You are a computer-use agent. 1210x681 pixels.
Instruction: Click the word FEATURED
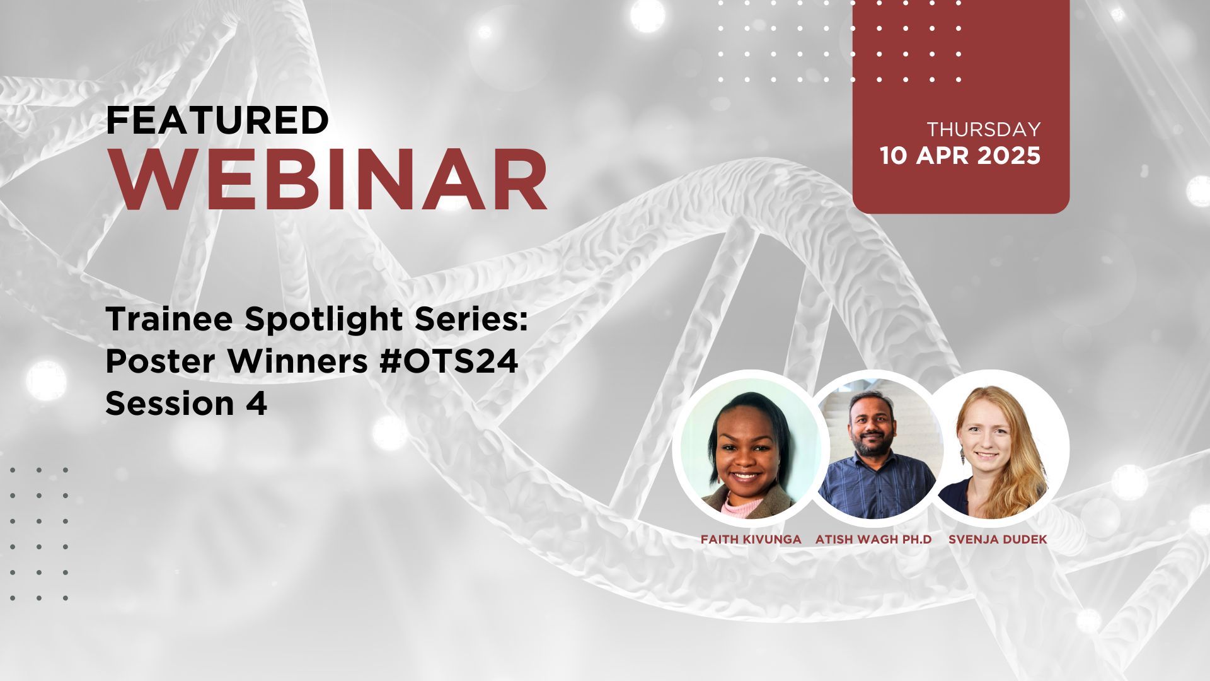[x=217, y=120]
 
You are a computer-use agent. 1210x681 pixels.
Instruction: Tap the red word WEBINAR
[x=330, y=180]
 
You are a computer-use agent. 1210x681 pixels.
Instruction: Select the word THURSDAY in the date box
[x=983, y=129]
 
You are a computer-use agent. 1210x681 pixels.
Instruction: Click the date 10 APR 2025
[x=960, y=156]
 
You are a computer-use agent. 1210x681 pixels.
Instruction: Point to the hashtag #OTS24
[x=449, y=361]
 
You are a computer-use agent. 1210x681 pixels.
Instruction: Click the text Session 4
[x=187, y=403]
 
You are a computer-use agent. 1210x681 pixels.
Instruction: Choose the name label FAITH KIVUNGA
[x=751, y=539]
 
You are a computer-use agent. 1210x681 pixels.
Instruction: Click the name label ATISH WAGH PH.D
[x=873, y=539]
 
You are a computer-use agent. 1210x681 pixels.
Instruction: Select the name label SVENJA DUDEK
[x=998, y=539]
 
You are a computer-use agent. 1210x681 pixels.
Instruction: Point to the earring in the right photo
[x=962, y=455]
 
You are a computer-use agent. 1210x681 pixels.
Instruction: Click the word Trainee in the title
[x=170, y=320]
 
